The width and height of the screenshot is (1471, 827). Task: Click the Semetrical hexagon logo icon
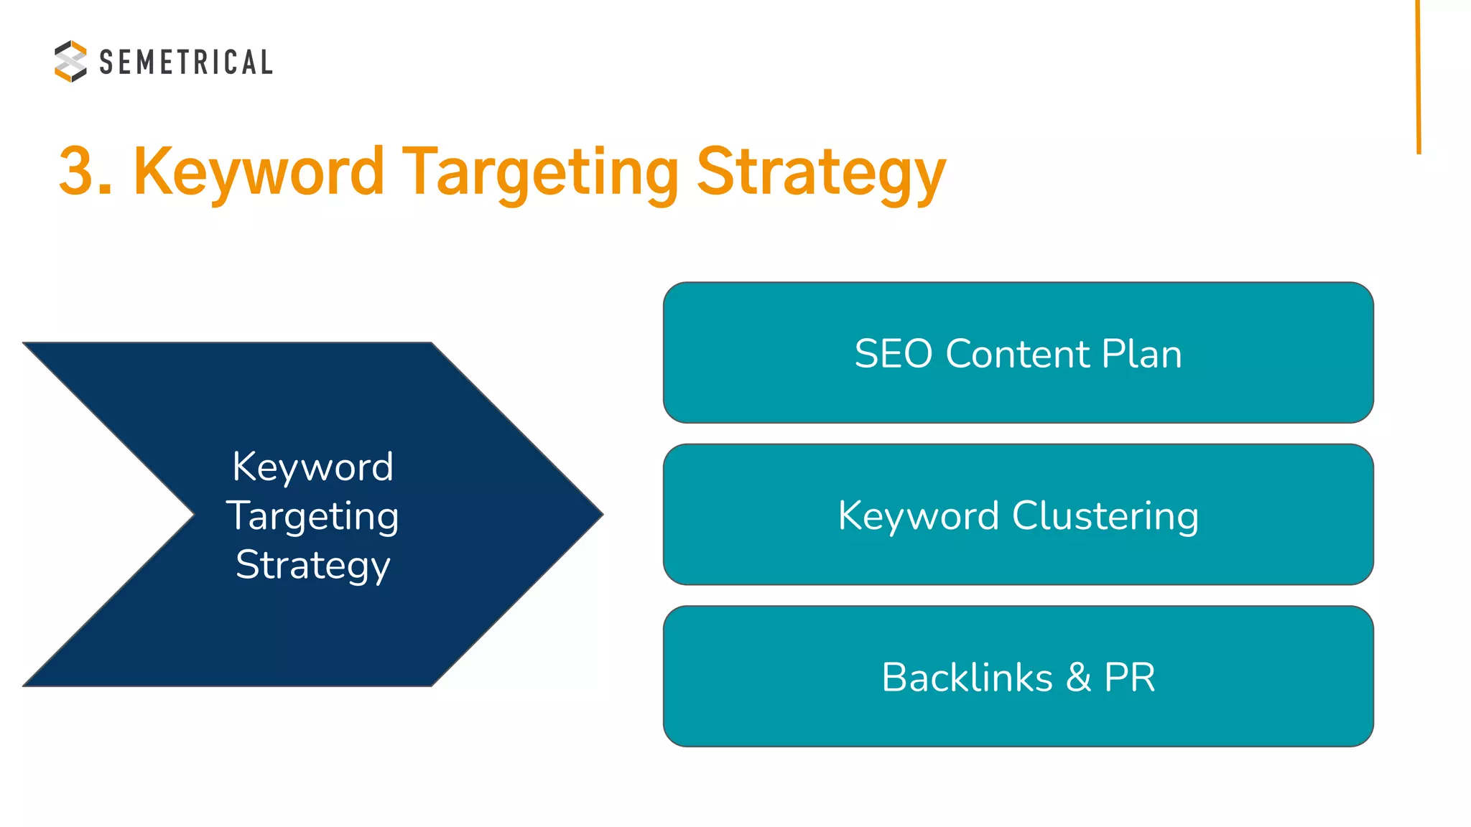click(x=70, y=61)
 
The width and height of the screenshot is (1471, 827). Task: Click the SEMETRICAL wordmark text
click(x=186, y=62)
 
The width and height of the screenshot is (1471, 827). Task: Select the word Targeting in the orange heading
click(x=539, y=172)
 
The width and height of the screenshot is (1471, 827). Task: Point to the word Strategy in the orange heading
click(x=821, y=172)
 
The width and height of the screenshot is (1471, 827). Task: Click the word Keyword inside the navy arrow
click(x=313, y=467)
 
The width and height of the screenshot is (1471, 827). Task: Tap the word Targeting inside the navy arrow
click(x=313, y=517)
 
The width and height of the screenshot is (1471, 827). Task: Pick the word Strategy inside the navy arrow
click(x=313, y=565)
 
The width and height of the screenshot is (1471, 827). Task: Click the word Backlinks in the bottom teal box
click(x=967, y=678)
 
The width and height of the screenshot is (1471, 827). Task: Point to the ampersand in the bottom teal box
click(x=1079, y=678)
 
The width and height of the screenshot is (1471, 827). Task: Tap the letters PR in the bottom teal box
click(x=1130, y=678)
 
